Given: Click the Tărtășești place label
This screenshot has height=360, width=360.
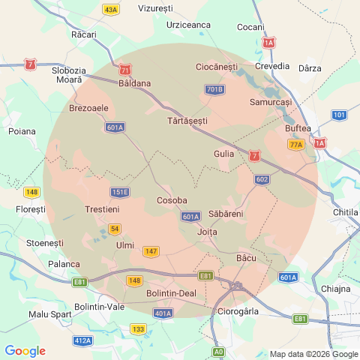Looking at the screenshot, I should [187, 120].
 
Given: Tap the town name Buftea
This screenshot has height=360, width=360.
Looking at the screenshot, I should [298, 128].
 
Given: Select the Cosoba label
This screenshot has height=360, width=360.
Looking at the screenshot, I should [171, 200].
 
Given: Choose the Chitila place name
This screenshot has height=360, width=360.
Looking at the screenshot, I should [345, 213].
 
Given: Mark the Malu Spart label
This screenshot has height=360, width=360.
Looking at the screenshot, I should [51, 313].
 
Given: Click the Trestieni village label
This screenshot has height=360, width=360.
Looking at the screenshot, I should [103, 209].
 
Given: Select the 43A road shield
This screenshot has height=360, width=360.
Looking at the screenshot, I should [111, 10].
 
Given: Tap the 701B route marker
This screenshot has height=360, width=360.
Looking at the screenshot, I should [214, 89].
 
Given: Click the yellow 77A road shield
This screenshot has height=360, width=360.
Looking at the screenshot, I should [296, 145].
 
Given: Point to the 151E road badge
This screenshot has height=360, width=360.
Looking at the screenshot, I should [120, 192].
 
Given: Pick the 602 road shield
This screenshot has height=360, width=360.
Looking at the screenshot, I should [262, 179].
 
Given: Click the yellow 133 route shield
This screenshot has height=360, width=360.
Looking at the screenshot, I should [138, 328].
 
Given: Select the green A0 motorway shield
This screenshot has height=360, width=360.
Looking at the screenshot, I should [218, 351].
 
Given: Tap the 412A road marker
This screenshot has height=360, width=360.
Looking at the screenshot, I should [83, 340].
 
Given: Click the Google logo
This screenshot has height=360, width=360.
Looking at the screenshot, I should [25, 351].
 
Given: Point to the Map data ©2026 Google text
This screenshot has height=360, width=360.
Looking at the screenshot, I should [313, 354].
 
